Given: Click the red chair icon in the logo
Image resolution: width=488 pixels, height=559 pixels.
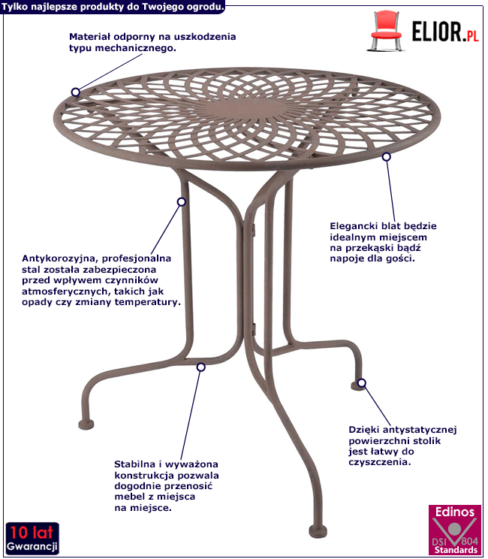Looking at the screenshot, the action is [x=385, y=31].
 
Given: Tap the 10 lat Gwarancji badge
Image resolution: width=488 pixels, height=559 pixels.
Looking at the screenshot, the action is [x=32, y=538].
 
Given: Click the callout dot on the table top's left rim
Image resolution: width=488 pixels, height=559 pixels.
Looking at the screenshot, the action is [x=75, y=92].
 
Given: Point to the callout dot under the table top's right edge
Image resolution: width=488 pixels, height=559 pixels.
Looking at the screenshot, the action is [x=387, y=156].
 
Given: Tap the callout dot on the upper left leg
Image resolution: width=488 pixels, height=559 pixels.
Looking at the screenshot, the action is [x=181, y=202].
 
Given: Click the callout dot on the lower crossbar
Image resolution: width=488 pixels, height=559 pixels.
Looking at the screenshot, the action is [x=201, y=367].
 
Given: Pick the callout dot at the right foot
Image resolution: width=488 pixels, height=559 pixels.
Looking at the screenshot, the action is [x=362, y=383].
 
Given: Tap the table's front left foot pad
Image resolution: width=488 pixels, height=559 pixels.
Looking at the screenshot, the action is [x=86, y=425].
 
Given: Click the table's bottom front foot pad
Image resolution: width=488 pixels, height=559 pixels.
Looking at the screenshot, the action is [x=318, y=531].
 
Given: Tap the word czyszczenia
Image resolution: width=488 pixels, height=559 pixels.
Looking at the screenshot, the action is [x=380, y=462].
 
